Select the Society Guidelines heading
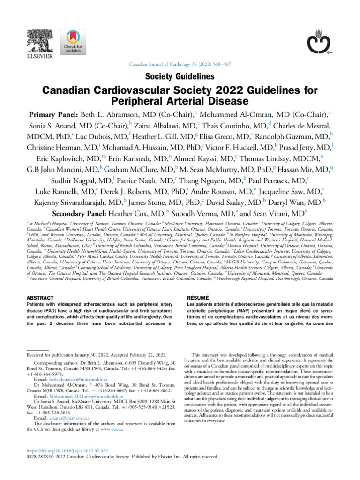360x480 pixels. point(180,76)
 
